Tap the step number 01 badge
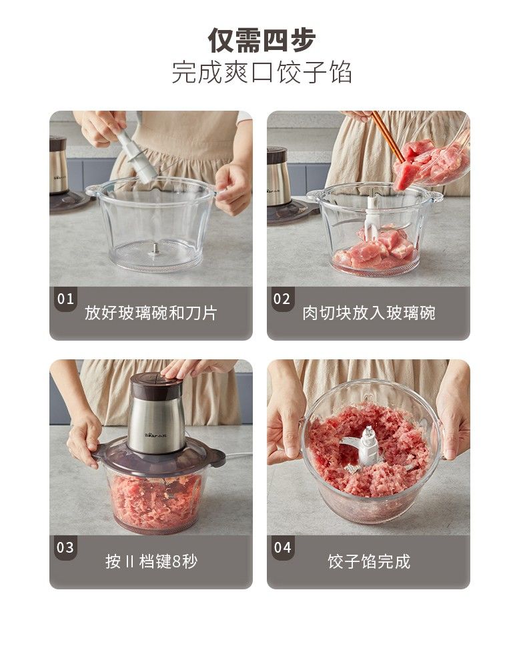pos(65,299)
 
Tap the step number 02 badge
pos(282,299)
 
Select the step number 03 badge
pos(65,547)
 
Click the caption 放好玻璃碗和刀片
pos(151,313)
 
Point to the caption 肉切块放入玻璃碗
pos(368,313)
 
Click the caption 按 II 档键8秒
pos(151,561)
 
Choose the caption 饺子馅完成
pos(369,561)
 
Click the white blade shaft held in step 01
pos(136,156)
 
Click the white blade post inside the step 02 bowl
pos(371,216)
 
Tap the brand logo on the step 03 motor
pos(155,435)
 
